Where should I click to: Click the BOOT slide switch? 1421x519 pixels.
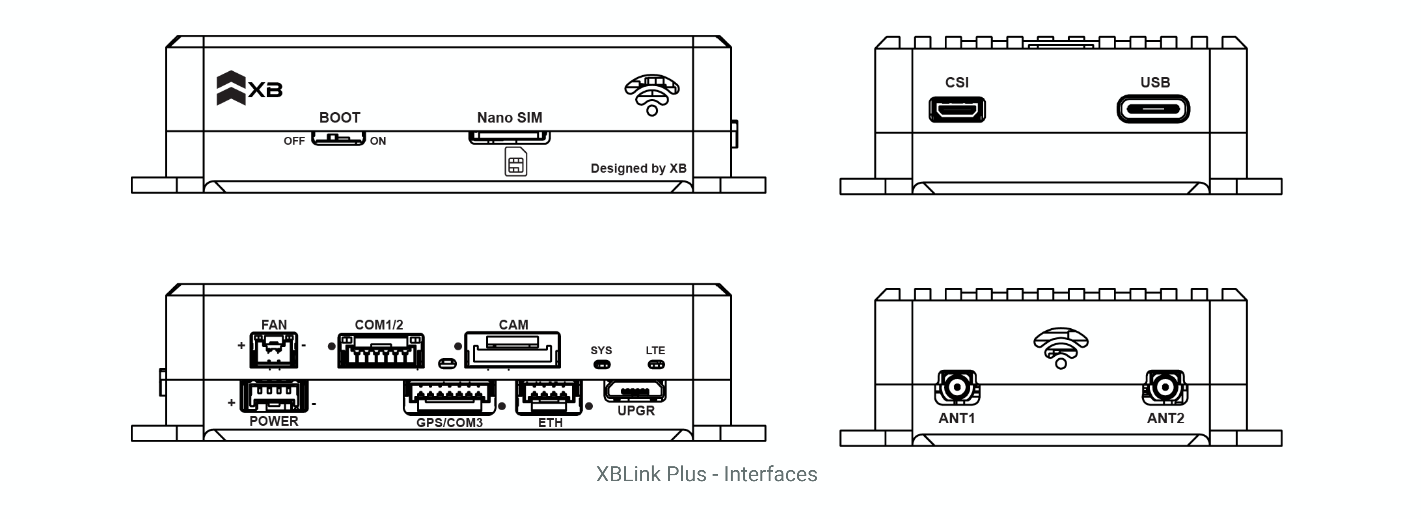(338, 138)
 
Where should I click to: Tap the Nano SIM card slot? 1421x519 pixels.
(509, 137)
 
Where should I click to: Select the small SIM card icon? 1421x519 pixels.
(516, 162)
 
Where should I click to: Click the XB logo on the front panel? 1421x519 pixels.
(249, 88)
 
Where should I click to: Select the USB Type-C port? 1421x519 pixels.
(1153, 109)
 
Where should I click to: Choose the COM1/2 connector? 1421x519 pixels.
(381, 351)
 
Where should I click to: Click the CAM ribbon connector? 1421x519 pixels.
(512, 349)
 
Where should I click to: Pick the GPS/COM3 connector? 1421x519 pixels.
(449, 397)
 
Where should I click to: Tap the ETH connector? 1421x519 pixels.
(549, 397)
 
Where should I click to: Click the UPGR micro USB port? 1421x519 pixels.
(635, 391)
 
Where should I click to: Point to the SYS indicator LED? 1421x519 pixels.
(602, 364)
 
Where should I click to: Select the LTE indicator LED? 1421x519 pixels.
(656, 364)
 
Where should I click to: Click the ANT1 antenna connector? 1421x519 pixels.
(957, 387)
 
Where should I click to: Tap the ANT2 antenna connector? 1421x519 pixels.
(1165, 387)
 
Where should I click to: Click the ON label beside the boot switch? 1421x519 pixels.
(378, 141)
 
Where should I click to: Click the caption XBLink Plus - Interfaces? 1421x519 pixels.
(706, 474)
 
